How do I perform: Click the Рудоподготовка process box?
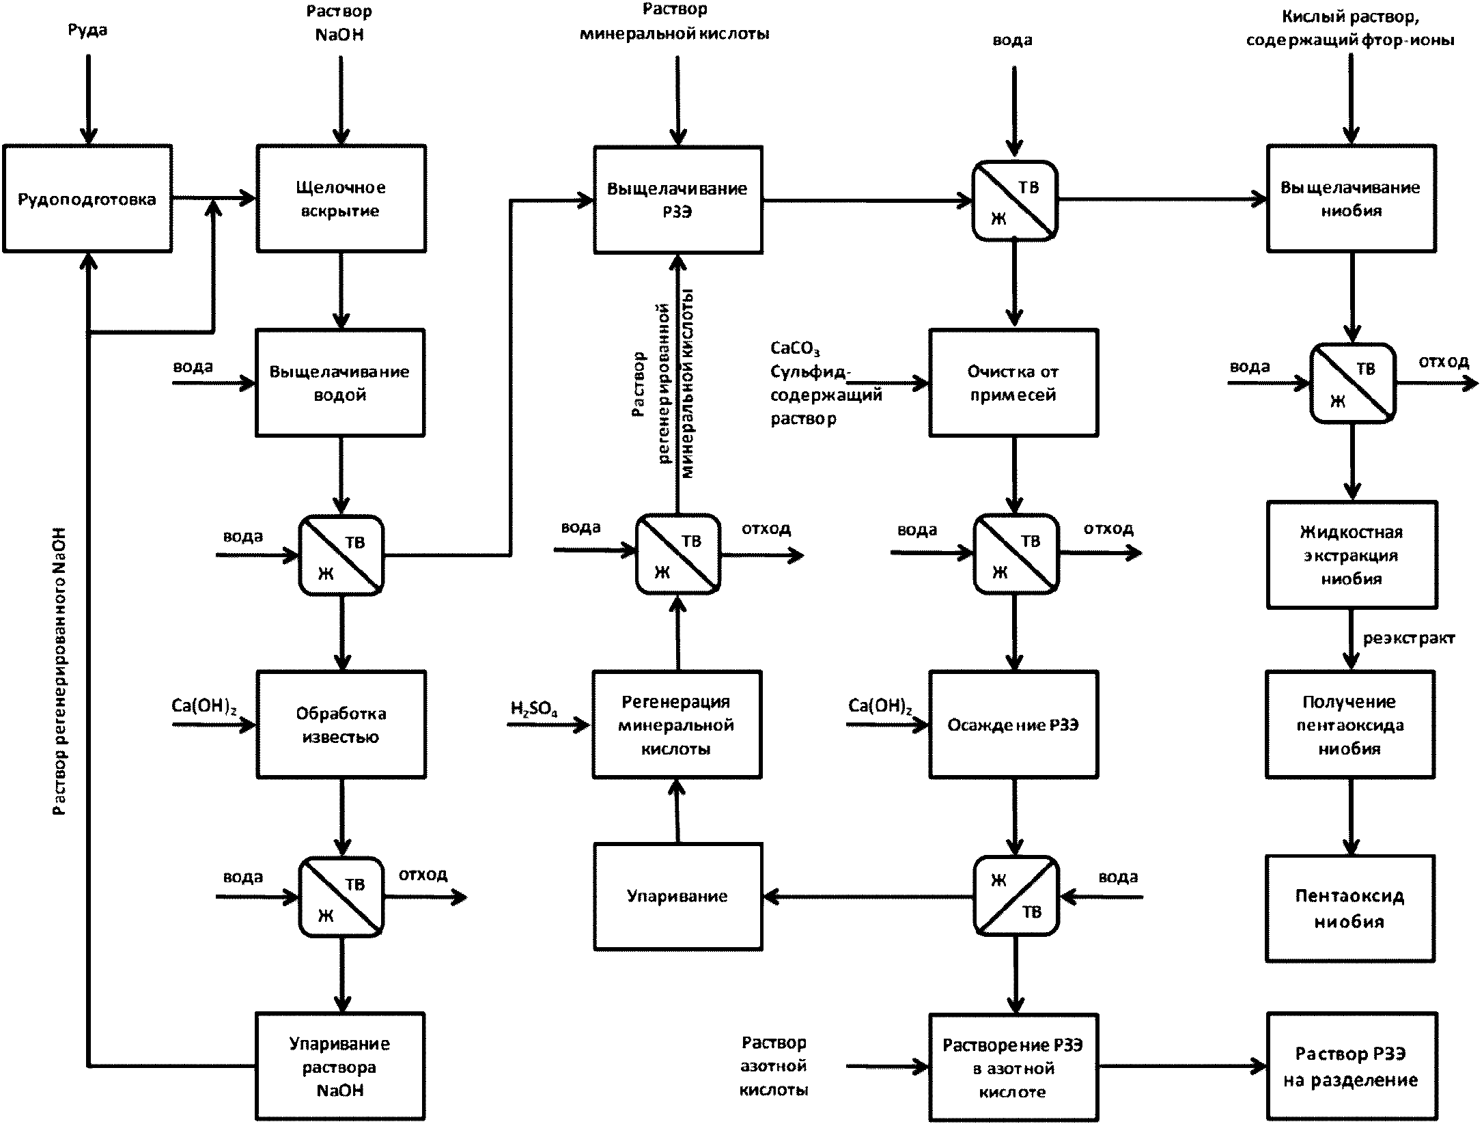87,199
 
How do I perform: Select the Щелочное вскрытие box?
341,199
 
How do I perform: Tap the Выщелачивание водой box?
340,383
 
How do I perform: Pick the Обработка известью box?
341,725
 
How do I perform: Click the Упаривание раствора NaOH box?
340,1067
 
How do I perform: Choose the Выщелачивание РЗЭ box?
678,199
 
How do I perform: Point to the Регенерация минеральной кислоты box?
677,725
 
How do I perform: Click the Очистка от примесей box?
1013,383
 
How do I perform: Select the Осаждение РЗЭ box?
1013,725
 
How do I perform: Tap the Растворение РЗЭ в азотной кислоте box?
1013,1068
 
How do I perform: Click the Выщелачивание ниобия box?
1352,199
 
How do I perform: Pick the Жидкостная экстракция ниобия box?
1352,554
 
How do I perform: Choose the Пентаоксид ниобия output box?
1350,909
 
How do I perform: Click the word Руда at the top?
87,30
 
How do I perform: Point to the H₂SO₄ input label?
534,708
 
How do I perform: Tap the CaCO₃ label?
795,348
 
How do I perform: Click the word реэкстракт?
1409,638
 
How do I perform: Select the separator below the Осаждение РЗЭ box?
1016,896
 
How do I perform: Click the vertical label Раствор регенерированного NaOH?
61,672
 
